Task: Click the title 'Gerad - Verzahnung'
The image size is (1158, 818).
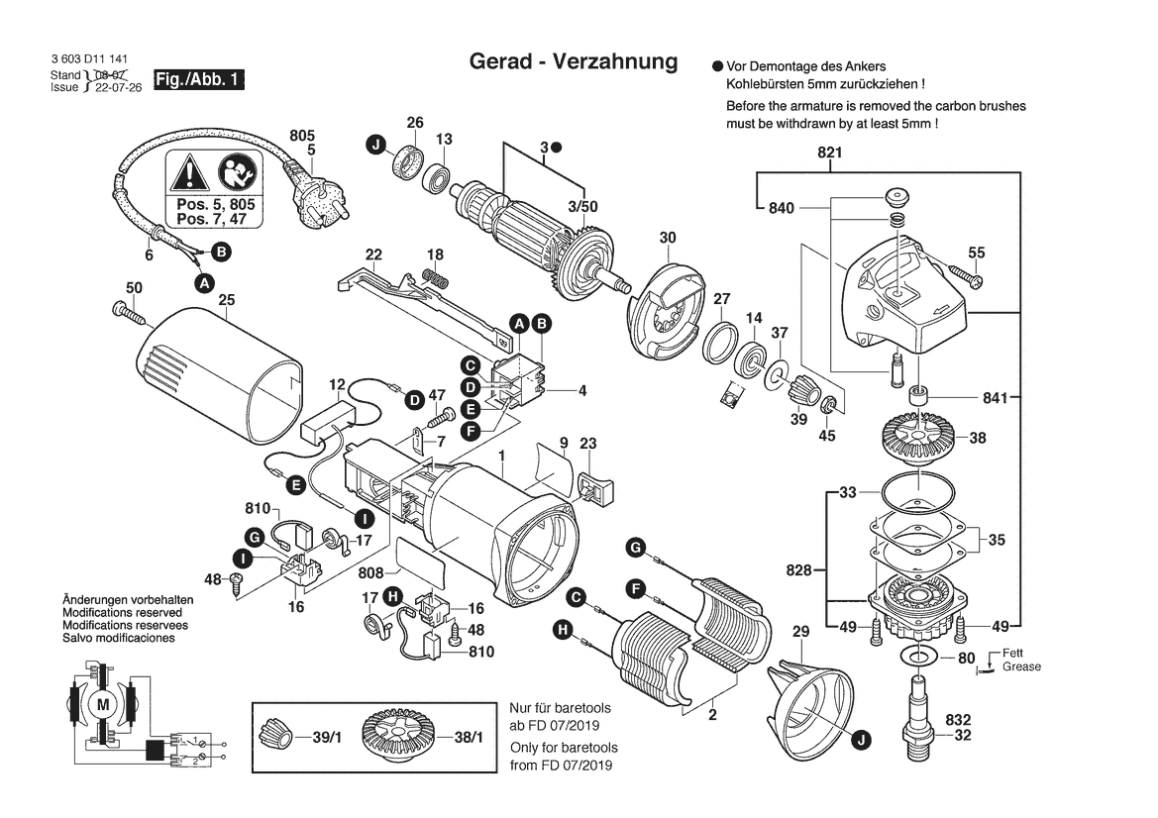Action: pos(573,61)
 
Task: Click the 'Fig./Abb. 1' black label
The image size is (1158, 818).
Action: pos(199,79)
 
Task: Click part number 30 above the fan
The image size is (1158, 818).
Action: pos(668,238)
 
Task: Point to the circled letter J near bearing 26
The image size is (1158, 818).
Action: pos(375,147)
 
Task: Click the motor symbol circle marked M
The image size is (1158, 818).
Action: pos(103,703)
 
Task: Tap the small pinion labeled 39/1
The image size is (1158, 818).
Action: pos(274,737)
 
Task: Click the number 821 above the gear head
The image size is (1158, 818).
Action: pos(829,153)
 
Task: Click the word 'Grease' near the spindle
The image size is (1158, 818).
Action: pos(1021,666)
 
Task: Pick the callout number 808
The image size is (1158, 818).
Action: pos(371,573)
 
